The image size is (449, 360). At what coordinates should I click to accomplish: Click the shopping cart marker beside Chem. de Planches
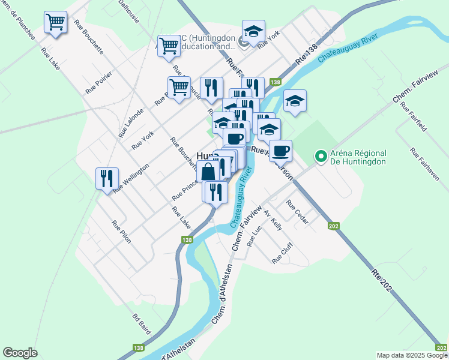(x=56, y=23)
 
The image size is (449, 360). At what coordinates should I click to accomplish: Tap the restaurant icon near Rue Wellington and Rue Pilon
(x=107, y=178)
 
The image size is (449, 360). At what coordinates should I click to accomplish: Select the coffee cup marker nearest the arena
(x=280, y=150)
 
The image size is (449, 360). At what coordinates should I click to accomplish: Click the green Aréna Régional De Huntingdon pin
(x=321, y=157)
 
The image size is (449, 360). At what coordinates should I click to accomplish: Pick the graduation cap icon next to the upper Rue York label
(x=253, y=31)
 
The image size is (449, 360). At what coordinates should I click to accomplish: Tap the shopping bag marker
(x=208, y=171)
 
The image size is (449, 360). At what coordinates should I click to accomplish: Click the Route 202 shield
(x=334, y=226)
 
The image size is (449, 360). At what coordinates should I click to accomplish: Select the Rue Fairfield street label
(x=414, y=119)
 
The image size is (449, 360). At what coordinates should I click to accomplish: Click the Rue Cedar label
(x=298, y=212)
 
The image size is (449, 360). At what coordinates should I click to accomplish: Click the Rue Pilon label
(x=121, y=232)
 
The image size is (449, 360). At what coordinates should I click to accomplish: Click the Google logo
(x=20, y=353)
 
